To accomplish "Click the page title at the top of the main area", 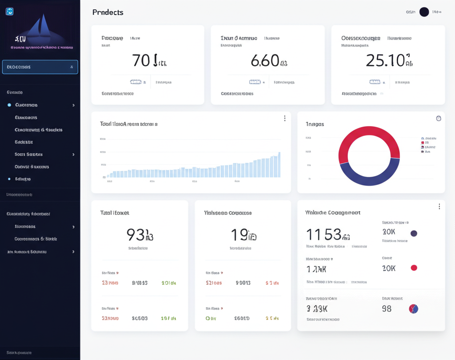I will (108, 12).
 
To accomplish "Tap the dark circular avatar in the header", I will (424, 12).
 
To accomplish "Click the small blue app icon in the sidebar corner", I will (9, 12).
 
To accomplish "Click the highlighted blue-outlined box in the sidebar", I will (40, 67).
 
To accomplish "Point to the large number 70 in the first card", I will (142, 60).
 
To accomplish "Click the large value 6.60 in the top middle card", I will (265, 60).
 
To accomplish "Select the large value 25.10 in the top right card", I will (385, 60).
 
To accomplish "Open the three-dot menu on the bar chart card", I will (284, 118).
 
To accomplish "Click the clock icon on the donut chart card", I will (439, 118).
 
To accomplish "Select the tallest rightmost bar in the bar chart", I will (279, 165).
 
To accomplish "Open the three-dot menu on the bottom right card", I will (439, 207).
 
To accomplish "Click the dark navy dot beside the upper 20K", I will (414, 233).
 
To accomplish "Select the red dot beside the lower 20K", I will (414, 268).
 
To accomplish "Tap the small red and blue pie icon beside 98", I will (413, 309).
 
